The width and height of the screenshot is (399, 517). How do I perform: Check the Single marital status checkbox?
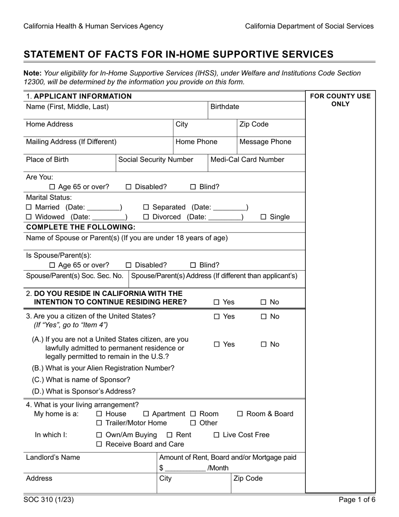click(263, 217)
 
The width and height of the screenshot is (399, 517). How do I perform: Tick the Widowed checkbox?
click(29, 217)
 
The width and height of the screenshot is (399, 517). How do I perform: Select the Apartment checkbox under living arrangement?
click(146, 414)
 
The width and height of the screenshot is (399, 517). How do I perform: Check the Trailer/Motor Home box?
click(99, 423)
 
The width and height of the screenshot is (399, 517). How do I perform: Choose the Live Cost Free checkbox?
click(216, 435)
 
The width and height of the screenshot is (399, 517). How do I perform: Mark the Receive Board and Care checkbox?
click(99, 444)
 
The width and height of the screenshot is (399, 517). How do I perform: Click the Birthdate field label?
click(225, 107)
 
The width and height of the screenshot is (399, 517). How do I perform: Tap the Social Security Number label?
click(156, 160)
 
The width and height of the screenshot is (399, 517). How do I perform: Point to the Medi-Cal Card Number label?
click(247, 160)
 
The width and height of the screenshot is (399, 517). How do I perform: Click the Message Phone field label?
click(265, 142)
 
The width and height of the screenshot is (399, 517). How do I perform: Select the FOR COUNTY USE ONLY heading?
click(340, 100)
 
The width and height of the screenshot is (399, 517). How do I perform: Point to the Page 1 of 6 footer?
click(357, 500)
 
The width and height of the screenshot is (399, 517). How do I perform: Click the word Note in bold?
click(32, 73)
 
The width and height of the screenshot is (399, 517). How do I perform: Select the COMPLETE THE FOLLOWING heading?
click(81, 227)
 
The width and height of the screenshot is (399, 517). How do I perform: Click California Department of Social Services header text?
click(309, 26)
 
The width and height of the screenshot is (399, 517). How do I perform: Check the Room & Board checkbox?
click(240, 414)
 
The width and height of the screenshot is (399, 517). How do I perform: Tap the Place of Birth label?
click(47, 160)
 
